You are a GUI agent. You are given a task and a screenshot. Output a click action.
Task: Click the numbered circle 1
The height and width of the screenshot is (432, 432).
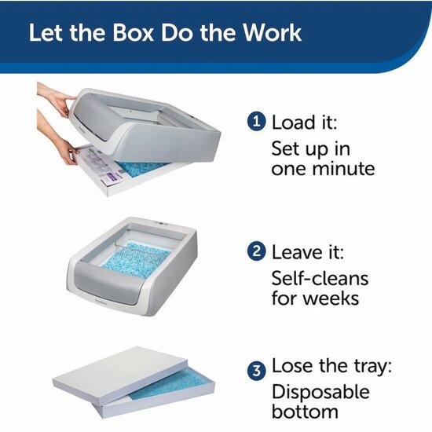258,123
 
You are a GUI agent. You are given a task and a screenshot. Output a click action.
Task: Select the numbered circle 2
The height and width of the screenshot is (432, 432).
258,253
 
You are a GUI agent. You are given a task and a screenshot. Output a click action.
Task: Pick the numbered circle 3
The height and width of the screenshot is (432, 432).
258,368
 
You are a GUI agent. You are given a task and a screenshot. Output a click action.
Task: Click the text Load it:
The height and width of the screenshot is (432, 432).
306,123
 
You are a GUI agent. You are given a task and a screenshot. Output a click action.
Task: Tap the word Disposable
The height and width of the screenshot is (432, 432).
320,390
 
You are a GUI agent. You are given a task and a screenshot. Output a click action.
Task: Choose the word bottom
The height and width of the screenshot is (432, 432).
305,412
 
